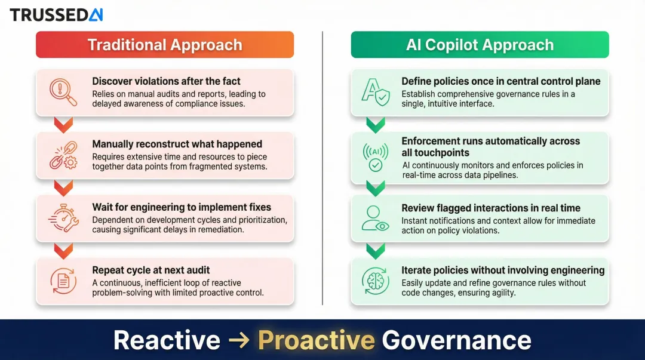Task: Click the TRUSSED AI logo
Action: coord(56,15)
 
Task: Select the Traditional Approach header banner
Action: coord(165,45)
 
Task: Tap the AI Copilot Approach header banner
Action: coord(480,45)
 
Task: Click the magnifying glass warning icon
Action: coord(63,92)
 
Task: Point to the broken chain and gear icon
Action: coord(63,155)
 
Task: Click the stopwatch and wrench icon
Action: coord(63,218)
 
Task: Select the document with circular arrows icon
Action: coord(63,281)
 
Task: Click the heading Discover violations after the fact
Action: coord(166,81)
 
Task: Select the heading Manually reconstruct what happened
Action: coord(177,144)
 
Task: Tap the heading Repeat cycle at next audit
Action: coord(150,270)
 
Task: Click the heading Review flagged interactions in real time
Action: coord(490,208)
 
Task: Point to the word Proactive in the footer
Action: coord(316,340)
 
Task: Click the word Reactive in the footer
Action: coord(167,340)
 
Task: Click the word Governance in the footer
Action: coord(456,340)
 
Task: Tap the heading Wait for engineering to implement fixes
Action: coord(182,207)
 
